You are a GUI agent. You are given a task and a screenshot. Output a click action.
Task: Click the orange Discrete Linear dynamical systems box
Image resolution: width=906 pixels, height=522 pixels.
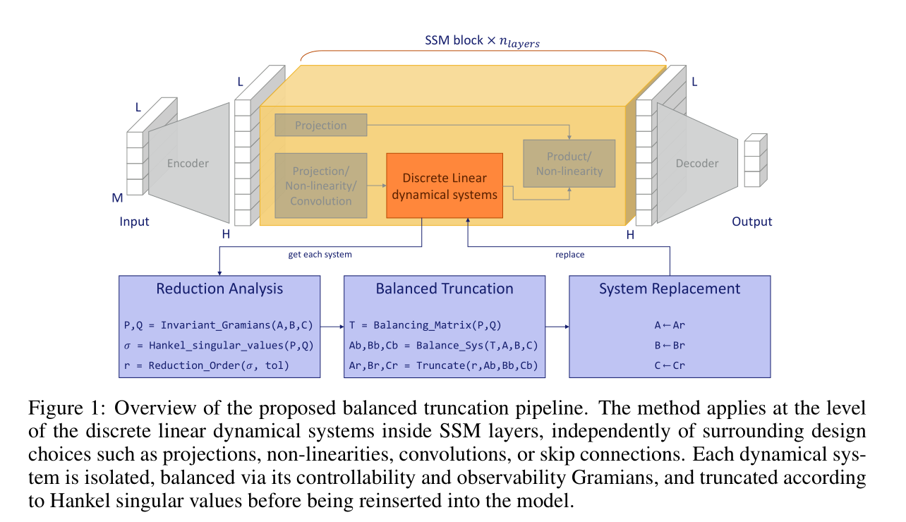click(x=445, y=186)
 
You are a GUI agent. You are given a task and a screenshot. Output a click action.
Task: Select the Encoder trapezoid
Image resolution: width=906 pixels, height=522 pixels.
click(x=188, y=164)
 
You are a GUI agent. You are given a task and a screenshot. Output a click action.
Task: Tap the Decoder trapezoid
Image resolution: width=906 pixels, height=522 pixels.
click(x=697, y=164)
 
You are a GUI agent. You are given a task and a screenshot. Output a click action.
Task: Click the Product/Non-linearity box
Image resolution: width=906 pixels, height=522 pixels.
click(x=569, y=163)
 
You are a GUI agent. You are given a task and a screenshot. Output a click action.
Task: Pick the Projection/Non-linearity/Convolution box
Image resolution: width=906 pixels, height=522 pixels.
click(x=320, y=185)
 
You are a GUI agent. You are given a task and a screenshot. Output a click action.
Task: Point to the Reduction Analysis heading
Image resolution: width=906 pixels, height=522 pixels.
click(x=219, y=288)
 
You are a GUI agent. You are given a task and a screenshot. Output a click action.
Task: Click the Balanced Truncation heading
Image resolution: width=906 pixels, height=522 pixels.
click(x=445, y=288)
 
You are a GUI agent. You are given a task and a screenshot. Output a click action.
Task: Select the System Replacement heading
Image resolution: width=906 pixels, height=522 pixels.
click(x=670, y=288)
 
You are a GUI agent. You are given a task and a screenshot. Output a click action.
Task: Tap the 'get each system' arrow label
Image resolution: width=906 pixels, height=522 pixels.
click(x=320, y=254)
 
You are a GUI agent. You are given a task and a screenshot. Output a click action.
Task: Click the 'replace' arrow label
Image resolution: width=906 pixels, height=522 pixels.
click(x=569, y=254)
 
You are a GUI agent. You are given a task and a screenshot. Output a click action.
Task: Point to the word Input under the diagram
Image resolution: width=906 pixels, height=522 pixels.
click(x=134, y=221)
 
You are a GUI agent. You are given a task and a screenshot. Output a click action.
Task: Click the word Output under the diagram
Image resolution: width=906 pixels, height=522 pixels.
click(x=751, y=221)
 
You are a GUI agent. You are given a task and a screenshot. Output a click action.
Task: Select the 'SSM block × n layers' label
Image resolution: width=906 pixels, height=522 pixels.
click(x=482, y=42)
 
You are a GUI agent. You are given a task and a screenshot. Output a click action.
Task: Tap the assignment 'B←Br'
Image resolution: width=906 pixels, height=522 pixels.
click(x=670, y=346)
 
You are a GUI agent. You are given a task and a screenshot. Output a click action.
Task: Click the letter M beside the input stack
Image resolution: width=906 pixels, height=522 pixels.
click(x=117, y=198)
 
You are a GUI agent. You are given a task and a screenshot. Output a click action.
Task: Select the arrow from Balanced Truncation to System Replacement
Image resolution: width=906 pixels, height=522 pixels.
click(x=557, y=327)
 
